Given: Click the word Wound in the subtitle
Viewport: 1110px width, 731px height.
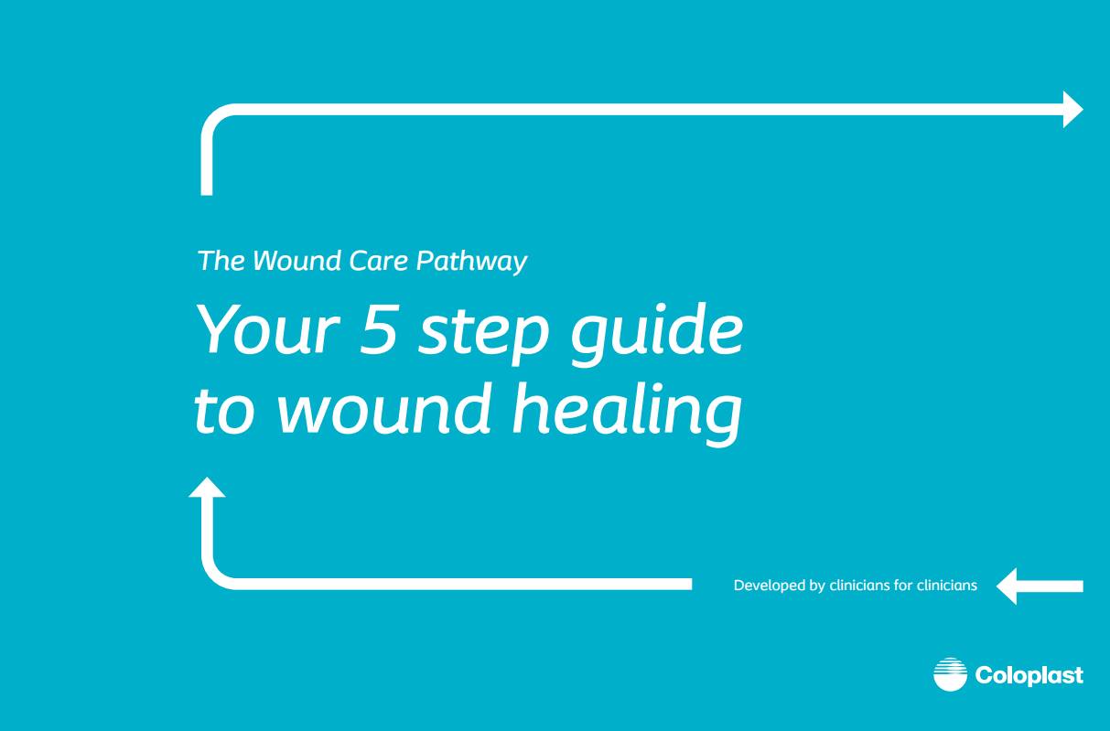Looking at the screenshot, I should [284, 262].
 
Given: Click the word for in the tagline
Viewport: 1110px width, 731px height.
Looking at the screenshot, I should [903, 586].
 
